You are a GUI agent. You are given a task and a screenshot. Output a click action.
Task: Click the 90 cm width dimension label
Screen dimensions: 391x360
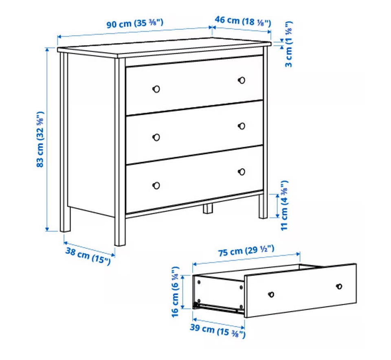[x=135, y=24]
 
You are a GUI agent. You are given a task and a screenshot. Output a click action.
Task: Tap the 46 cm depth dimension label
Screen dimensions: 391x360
[x=243, y=21]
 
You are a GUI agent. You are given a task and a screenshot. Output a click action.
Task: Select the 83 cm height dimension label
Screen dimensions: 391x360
[x=40, y=139]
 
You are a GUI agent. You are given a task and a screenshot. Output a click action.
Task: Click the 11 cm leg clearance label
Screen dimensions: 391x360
[x=285, y=206]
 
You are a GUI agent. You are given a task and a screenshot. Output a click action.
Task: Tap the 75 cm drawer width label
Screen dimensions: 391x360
[x=246, y=250]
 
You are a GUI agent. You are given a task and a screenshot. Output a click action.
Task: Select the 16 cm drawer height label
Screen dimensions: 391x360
[x=175, y=292]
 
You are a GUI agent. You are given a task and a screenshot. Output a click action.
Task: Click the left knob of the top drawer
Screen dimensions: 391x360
[x=156, y=89]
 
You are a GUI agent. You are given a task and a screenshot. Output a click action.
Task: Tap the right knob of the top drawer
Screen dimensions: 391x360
[x=242, y=80]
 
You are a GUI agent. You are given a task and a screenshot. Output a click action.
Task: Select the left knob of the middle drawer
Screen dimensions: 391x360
[x=156, y=137]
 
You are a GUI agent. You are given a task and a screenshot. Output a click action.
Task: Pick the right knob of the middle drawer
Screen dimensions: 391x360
[x=242, y=126]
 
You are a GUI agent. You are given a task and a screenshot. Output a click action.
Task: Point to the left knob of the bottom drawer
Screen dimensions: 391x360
[x=156, y=185]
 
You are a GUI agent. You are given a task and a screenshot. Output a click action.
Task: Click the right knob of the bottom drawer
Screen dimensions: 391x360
[x=242, y=172]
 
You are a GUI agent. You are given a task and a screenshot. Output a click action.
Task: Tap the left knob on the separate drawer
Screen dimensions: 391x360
[x=271, y=294]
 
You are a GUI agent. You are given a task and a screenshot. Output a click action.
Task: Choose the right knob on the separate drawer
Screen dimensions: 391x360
[x=339, y=286]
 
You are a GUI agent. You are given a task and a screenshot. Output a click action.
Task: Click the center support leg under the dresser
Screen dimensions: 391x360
[x=208, y=209]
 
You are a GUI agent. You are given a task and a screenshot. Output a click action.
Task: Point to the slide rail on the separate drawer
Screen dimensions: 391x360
[x=216, y=307]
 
